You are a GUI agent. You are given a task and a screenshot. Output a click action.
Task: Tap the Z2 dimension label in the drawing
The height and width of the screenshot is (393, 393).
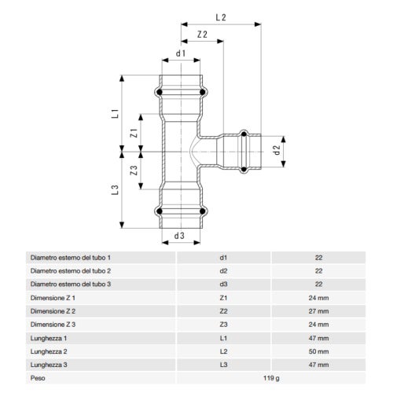pyautogui.click(x=203, y=35)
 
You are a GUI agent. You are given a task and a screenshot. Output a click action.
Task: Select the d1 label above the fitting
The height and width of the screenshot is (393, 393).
pyautogui.click(x=180, y=53)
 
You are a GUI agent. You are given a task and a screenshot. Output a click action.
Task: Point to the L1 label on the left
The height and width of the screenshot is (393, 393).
pyautogui.click(x=114, y=113)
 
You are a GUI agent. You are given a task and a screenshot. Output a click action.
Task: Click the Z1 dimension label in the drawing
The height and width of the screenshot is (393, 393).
pyautogui.click(x=134, y=133)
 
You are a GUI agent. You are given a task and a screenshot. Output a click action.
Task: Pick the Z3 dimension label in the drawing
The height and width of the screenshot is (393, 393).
pyautogui.click(x=134, y=170)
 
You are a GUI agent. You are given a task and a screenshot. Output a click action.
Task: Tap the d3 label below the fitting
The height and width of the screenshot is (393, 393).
pyautogui.click(x=179, y=235)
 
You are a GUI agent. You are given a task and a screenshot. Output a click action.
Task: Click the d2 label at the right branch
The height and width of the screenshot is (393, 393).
pyautogui.click(x=276, y=149)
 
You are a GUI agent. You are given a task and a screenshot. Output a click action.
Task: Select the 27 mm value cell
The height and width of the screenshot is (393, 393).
pyautogui.click(x=318, y=310)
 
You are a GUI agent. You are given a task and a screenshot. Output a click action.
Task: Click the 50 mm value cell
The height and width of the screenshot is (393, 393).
pyautogui.click(x=318, y=351)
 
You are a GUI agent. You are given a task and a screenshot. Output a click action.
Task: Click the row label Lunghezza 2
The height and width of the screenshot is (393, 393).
pyautogui.click(x=49, y=351)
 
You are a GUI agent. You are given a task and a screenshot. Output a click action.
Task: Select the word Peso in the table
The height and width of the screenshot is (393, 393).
pyautogui.click(x=38, y=378)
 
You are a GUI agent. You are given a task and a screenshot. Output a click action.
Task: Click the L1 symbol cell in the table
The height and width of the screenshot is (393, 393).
pyautogui.click(x=223, y=337)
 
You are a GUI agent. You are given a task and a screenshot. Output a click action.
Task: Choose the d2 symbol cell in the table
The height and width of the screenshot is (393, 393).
pyautogui.click(x=223, y=270)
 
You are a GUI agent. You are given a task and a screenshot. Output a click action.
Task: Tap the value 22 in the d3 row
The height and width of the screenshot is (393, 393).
pyautogui.click(x=318, y=284)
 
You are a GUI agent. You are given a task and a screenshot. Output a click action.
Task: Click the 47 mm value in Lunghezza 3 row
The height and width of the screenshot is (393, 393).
pyautogui.click(x=318, y=364)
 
